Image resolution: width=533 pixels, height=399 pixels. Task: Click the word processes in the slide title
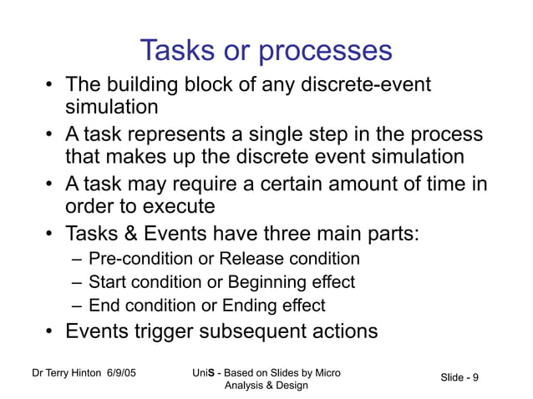tap(325, 52)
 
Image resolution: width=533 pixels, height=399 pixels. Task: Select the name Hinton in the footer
tap(85, 372)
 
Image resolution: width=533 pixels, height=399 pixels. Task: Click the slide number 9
tap(475, 378)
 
